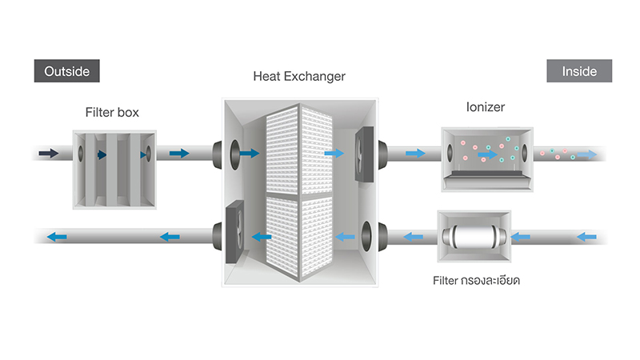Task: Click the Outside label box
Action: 67,71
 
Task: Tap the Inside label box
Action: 579,71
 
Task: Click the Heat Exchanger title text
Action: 299,78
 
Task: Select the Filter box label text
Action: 112,113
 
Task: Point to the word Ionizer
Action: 485,106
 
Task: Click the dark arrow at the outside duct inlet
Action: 50,153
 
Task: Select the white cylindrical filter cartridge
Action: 471,236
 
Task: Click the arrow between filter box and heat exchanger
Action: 180,153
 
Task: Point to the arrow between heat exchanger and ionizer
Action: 416,153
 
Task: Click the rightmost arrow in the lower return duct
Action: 586,237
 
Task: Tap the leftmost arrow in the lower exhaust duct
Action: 55,237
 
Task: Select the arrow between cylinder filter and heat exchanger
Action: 413,237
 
